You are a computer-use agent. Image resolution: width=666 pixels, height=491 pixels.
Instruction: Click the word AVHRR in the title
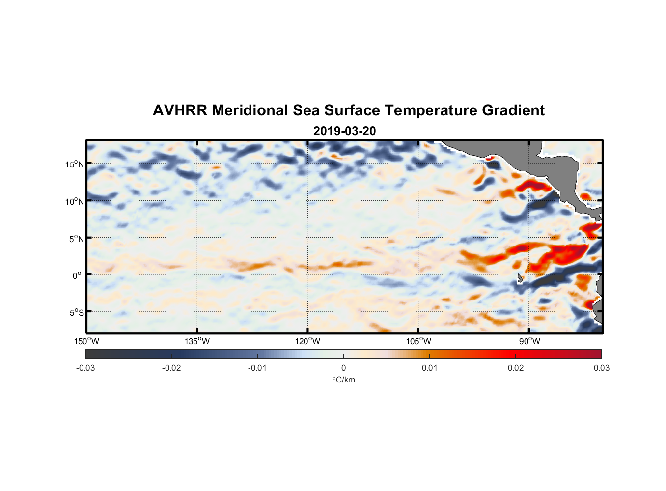click(180, 110)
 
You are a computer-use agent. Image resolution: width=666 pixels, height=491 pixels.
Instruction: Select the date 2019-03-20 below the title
click(344, 131)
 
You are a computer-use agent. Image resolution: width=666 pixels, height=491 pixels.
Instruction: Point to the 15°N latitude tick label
click(75, 164)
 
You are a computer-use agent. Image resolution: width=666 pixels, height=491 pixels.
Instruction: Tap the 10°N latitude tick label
click(75, 201)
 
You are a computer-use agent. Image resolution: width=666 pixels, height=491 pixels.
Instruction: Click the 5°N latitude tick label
click(76, 239)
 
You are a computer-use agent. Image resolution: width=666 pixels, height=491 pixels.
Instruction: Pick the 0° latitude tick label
click(77, 275)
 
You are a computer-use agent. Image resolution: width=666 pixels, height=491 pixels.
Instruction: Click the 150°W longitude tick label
click(86, 341)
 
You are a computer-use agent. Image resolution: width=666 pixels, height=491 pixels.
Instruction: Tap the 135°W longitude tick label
click(197, 341)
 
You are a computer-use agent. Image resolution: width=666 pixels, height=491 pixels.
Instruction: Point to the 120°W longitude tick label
click(307, 341)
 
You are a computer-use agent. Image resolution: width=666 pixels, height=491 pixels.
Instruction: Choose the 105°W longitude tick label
click(418, 341)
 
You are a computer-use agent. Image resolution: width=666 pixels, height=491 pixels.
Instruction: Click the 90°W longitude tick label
click(529, 341)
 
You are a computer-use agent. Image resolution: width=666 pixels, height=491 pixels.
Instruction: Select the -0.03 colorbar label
click(85, 368)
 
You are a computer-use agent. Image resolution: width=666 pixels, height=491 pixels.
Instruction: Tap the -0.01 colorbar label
click(257, 368)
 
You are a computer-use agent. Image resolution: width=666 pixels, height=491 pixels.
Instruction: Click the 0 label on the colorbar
click(343, 368)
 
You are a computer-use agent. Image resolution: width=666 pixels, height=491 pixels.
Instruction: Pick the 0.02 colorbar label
click(516, 368)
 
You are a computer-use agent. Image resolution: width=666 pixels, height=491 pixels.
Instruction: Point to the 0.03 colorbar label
click(601, 368)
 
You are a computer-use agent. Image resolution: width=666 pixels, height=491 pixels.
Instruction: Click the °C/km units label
click(343, 380)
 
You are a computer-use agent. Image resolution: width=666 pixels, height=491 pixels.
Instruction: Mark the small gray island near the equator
click(520, 278)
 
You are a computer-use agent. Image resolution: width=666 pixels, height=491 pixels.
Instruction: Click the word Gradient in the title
click(513, 110)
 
